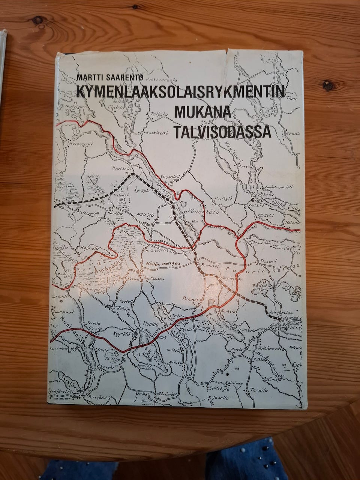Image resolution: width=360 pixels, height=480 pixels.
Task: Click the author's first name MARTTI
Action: coord(89,77)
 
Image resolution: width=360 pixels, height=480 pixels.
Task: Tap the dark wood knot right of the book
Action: coord(328,85)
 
